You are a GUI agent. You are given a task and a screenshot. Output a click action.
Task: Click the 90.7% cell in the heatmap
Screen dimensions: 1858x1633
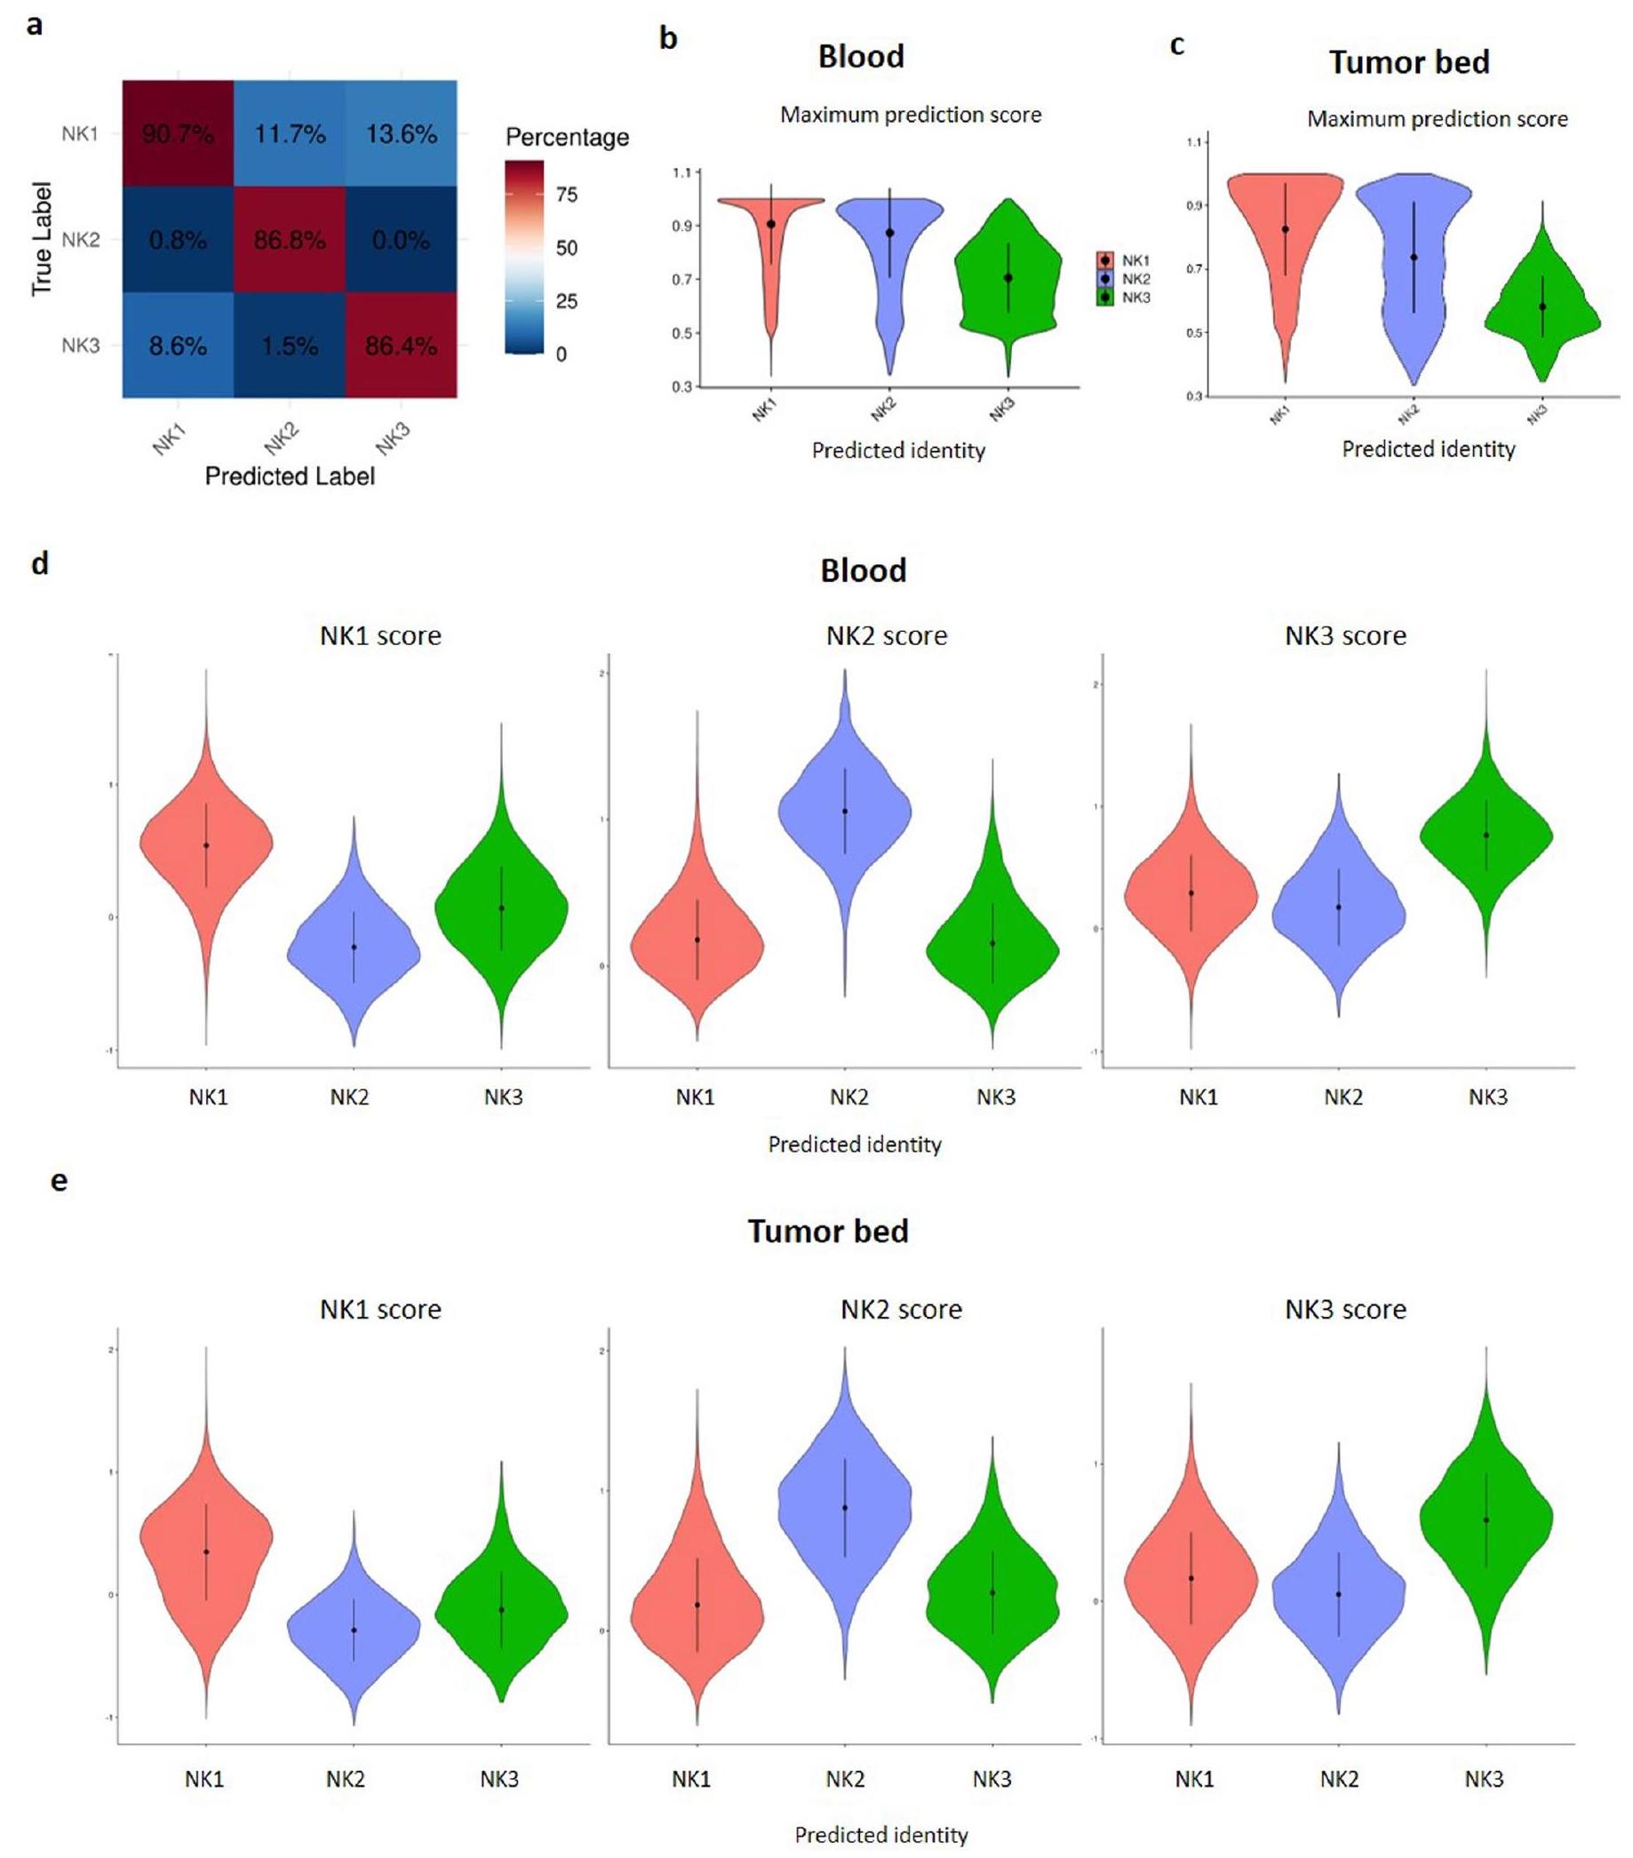tap(178, 134)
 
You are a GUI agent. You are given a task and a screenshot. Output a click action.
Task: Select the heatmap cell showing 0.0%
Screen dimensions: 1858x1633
tap(401, 240)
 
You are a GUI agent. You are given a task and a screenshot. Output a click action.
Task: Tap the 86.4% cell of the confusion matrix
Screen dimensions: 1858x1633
tap(401, 346)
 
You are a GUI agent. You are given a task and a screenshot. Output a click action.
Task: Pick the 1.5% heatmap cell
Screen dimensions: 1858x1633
tap(290, 346)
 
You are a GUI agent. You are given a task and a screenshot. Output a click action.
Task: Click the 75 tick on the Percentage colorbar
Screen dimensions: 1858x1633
tap(566, 195)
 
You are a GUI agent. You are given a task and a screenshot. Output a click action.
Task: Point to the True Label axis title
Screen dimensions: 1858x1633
tap(42, 239)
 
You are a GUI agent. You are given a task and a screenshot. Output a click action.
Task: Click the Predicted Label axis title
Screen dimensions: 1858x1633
tap(290, 476)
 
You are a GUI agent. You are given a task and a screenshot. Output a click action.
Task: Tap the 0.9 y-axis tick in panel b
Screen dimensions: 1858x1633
tap(681, 226)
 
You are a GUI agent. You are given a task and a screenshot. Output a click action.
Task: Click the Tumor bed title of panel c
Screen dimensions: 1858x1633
tap(1408, 62)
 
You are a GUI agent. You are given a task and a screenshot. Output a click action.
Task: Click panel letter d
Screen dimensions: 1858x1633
tap(40, 563)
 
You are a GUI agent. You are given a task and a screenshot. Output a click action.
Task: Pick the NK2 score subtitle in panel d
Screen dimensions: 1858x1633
tap(886, 635)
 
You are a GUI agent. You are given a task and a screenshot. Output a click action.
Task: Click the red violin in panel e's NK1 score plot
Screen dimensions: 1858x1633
tap(206, 1545)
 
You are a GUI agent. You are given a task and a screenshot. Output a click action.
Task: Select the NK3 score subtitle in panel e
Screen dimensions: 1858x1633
tap(1345, 1309)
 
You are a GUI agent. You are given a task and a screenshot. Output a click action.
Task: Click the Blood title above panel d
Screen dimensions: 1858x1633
tap(864, 570)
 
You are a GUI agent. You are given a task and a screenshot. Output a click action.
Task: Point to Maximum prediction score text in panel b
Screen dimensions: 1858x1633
tap(911, 116)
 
